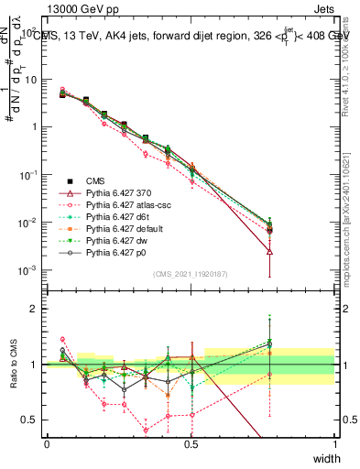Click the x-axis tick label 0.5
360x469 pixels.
click(x=191, y=444)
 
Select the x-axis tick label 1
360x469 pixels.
click(x=335, y=444)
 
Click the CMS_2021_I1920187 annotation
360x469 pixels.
click(x=191, y=274)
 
